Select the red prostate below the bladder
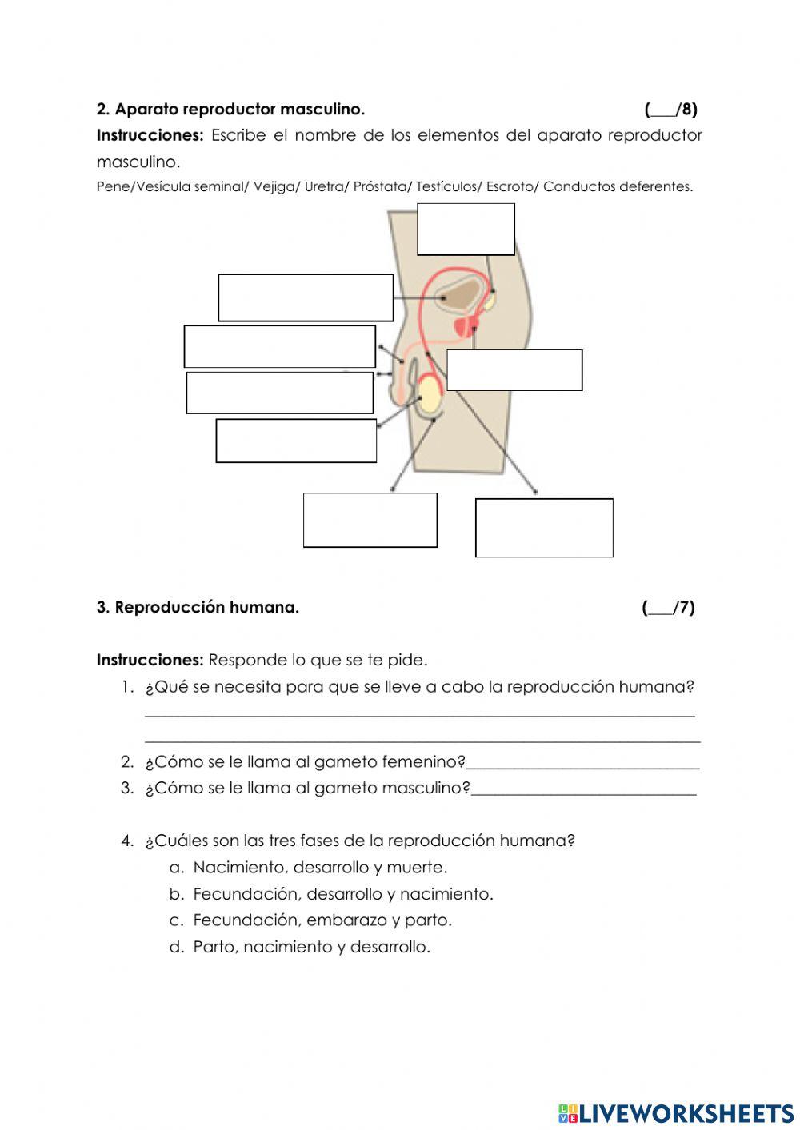click(464, 326)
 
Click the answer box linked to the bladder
click(306, 297)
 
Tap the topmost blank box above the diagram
click(466, 230)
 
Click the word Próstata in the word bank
click(382, 186)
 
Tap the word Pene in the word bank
click(113, 186)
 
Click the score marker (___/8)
click(670, 109)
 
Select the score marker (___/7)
click(668, 608)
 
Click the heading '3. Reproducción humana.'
click(198, 608)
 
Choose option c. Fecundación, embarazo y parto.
click(322, 920)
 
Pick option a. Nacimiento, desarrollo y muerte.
click(319, 868)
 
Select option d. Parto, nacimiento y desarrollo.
click(311, 948)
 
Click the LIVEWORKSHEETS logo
click(676, 1113)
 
